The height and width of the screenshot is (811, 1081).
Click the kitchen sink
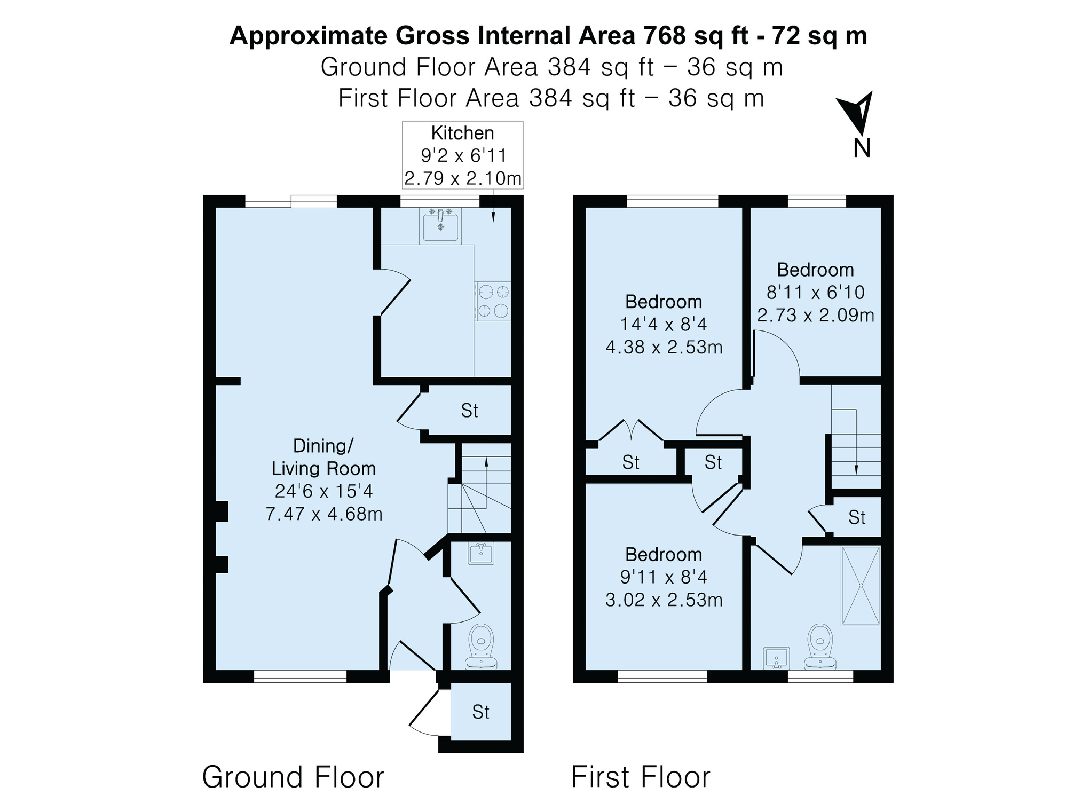pos(440,225)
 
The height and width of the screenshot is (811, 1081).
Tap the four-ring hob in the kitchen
pos(492,301)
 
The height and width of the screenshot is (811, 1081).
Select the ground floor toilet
pos(482,647)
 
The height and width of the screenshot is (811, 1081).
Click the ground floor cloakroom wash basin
pos(481,553)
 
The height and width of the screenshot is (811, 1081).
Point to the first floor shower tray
pos(861,585)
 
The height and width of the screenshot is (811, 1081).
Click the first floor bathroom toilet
pos(820,647)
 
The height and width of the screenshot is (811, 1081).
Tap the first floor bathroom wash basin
pos(777,658)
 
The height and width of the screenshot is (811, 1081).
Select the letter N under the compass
pos(862,148)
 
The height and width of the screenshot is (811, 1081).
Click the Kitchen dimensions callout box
pos(463,155)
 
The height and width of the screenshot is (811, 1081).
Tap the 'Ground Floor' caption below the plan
pos(293,777)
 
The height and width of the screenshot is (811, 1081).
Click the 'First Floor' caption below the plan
pos(641,777)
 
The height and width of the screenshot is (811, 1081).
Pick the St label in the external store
pos(480,712)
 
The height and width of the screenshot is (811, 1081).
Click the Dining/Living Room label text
pos(324,457)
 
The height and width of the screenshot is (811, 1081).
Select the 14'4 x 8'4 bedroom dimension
pos(664,324)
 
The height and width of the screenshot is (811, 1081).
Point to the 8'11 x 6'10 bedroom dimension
pos(816,292)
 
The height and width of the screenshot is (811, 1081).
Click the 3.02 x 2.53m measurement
pos(664,600)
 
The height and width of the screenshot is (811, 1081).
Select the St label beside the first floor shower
pos(857,517)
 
